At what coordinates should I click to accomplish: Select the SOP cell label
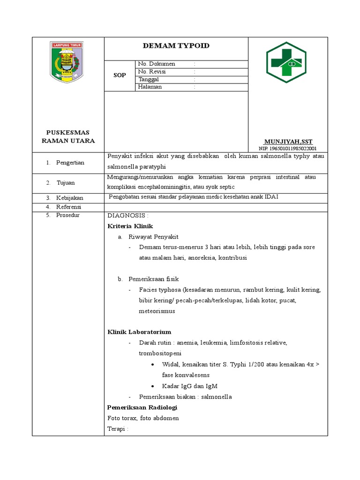[x=120, y=75]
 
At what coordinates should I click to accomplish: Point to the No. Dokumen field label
[x=157, y=64]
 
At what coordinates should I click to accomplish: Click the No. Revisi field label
[x=152, y=72]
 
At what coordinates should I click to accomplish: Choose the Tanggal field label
[x=149, y=79]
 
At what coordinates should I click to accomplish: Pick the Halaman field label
[x=150, y=87]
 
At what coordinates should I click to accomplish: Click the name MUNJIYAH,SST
[x=288, y=141]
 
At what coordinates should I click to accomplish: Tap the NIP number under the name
[x=288, y=148]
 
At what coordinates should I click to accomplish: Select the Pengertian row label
[x=70, y=163]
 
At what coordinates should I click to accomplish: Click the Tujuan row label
[x=66, y=182]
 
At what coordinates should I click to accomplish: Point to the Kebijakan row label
[x=70, y=198]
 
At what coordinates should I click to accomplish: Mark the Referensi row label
[x=69, y=207]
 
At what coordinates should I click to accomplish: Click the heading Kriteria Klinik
[x=130, y=226]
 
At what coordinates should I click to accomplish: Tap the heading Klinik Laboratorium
[x=139, y=332]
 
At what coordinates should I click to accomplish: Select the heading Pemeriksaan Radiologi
[x=142, y=407]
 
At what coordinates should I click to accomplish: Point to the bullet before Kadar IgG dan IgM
[x=154, y=386]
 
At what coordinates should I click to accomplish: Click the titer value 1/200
[x=272, y=364]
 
